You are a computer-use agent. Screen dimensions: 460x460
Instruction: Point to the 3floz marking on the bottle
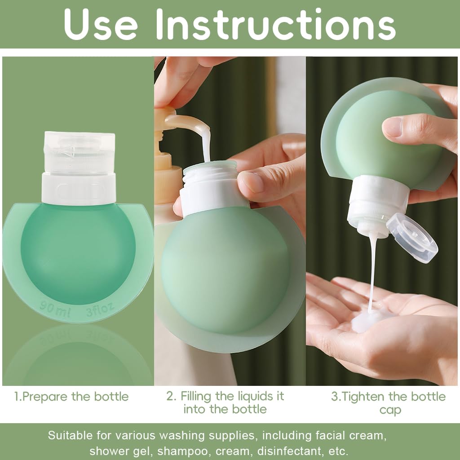(100, 308)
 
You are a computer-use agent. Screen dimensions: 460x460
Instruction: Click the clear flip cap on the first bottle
(80, 153)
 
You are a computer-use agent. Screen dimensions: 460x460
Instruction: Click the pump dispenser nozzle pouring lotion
(189, 124)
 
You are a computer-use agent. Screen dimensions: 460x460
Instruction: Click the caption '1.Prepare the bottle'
(71, 397)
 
